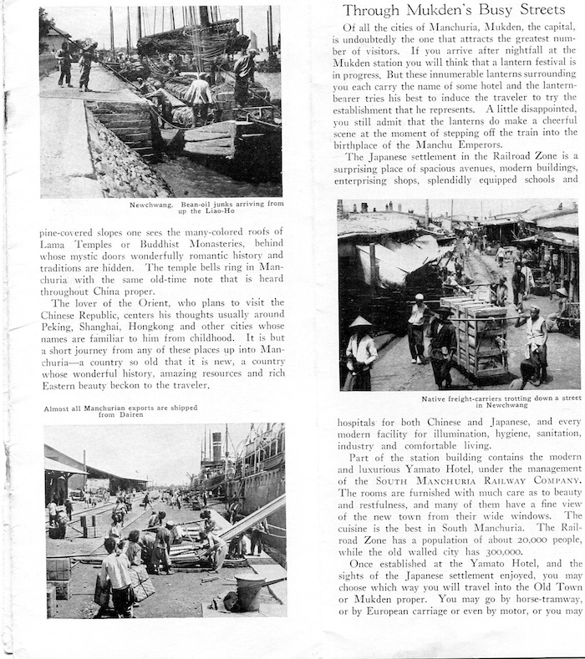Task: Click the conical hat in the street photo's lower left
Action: point(361,322)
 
